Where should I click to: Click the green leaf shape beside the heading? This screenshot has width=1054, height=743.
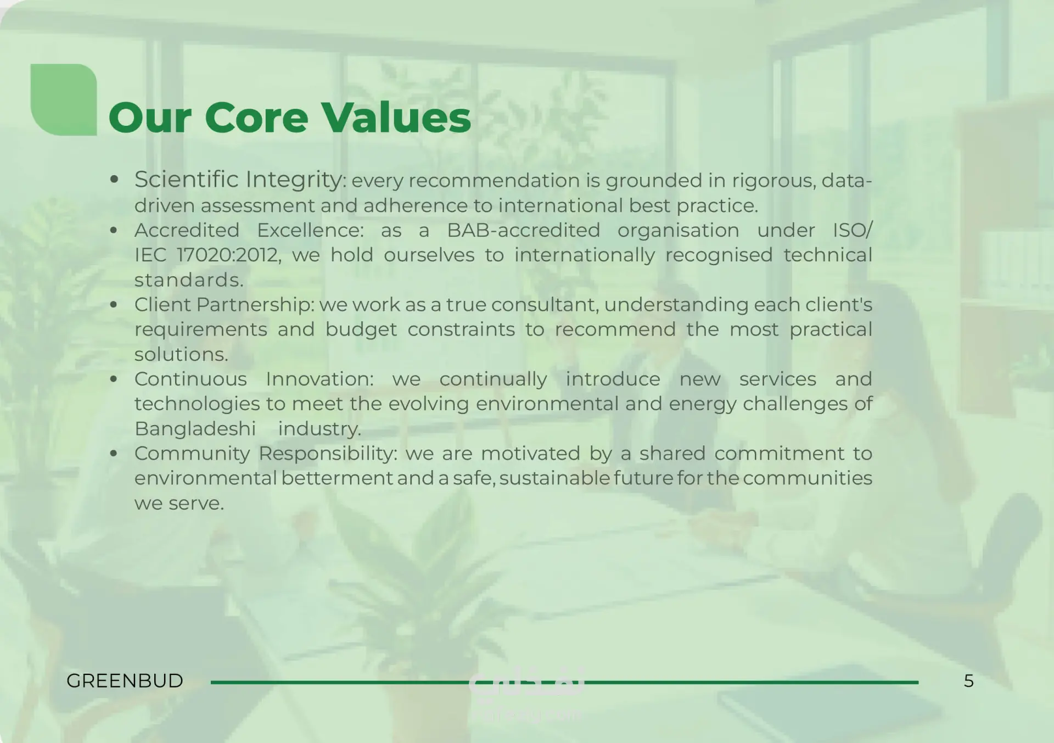pos(64,99)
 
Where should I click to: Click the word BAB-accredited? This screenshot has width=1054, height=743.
pos(524,230)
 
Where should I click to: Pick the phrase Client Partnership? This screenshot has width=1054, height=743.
pos(223,305)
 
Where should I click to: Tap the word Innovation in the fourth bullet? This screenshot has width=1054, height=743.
pos(318,379)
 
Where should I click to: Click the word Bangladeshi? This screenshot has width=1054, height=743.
pos(195,429)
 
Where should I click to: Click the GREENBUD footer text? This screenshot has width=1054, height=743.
pos(125,681)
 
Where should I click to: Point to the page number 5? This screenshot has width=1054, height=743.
pos(969,681)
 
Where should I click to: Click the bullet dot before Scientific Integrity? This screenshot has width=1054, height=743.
pos(114,180)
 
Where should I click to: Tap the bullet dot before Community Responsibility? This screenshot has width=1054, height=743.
pos(114,454)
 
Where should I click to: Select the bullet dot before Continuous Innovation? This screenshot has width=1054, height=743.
pos(114,379)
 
